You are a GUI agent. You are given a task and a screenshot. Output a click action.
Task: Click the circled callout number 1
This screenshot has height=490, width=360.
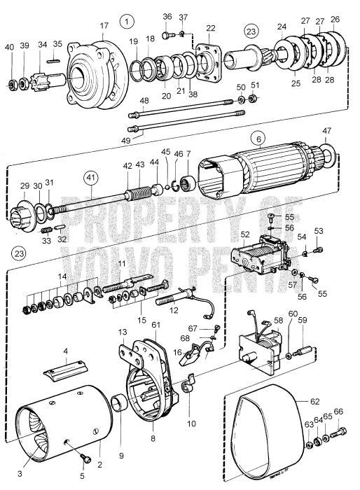[x=127, y=22]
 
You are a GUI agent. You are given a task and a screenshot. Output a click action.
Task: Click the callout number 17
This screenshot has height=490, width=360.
[x=104, y=26]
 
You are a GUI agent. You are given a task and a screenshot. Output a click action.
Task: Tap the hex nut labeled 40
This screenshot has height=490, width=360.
[x=10, y=85]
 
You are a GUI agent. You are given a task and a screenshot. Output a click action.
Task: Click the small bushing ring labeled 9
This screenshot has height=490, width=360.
[x=119, y=404]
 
